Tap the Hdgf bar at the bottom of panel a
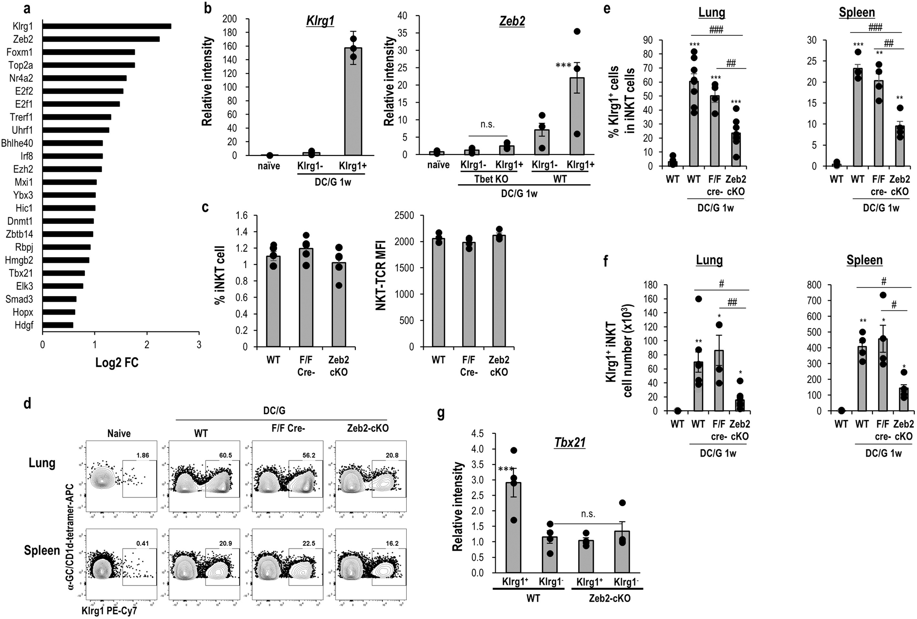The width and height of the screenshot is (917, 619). (58, 325)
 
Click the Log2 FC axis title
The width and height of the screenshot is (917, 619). (117, 363)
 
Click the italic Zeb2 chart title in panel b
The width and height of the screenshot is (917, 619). (512, 21)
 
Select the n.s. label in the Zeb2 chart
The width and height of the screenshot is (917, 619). (487, 124)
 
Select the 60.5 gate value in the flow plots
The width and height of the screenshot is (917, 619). (225, 455)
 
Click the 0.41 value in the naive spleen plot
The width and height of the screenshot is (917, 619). (143, 543)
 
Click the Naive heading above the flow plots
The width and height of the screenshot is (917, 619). (119, 433)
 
